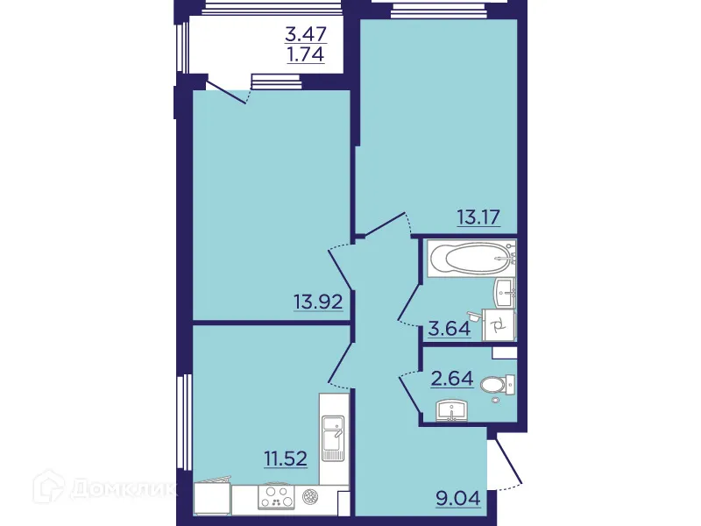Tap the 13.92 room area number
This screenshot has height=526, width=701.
(317, 303)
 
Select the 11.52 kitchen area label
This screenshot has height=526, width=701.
(287, 458)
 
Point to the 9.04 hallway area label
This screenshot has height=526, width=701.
(459, 502)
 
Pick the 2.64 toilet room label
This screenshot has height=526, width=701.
(452, 380)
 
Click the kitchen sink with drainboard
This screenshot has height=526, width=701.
(333, 438)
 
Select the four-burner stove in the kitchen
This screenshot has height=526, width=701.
(278, 498)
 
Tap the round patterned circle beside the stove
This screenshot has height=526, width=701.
(310, 497)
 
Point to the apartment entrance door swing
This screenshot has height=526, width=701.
(506, 463)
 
